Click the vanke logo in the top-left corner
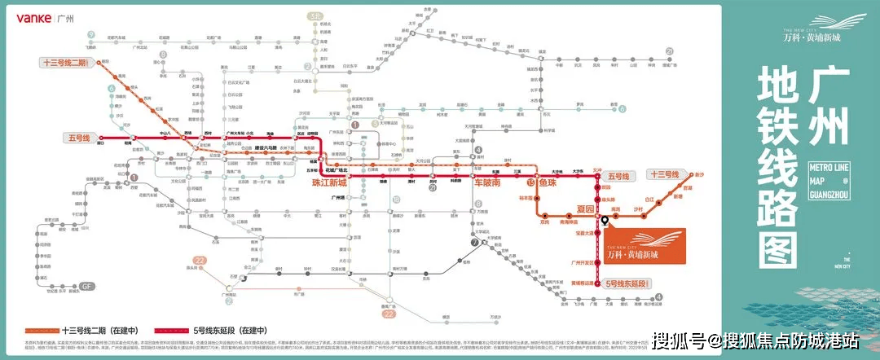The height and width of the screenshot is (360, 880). [x=27, y=17]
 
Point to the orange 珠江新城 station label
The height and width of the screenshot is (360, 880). [x=329, y=183]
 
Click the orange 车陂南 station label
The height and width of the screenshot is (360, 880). [x=491, y=183]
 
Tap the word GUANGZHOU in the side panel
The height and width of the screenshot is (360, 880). [x=829, y=194]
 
